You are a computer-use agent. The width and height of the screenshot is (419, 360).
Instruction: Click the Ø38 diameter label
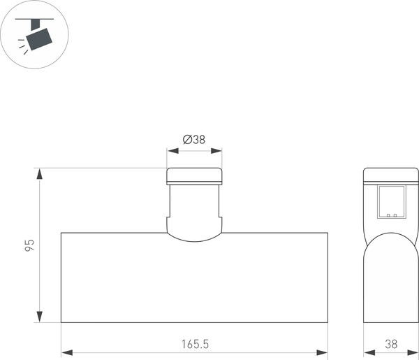194,140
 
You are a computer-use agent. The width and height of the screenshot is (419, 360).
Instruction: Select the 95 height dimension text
29,245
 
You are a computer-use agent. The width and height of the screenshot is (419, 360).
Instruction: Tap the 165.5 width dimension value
194,344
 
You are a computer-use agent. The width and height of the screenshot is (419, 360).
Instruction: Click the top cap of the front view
194,175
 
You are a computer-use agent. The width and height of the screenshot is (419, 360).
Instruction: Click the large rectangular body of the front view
194,280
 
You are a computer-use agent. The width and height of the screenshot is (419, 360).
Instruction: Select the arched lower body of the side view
390,280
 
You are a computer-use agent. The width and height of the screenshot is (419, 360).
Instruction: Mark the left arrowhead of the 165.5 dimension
65,352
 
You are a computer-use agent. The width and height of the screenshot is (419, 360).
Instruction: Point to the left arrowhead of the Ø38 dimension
170,150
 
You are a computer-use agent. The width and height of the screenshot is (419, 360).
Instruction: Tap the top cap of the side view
390,175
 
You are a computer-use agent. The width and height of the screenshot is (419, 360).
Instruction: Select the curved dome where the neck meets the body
194,233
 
